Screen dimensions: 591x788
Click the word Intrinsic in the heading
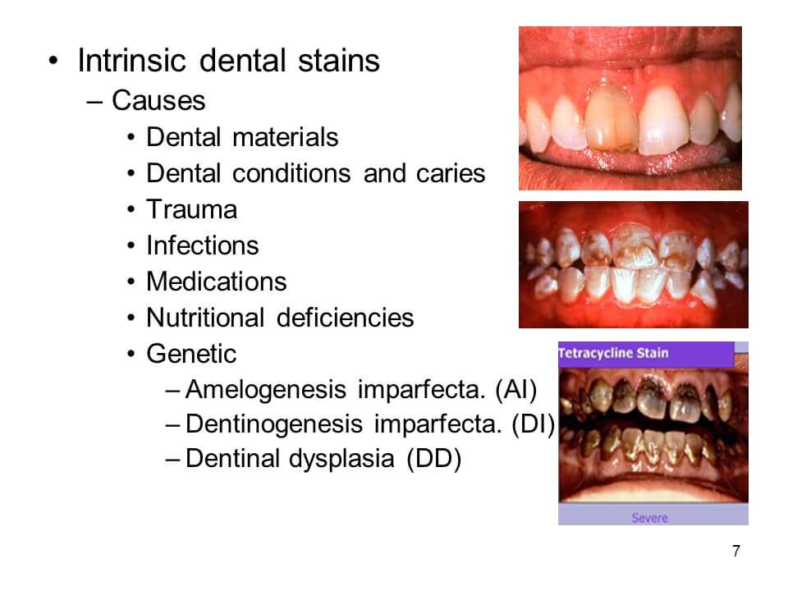131,62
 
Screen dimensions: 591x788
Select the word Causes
158,101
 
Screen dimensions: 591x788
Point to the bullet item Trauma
191,209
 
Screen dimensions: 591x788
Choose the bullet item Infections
202,245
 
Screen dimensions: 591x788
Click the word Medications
216,282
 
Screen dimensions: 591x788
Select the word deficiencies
345,318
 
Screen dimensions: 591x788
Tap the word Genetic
190,354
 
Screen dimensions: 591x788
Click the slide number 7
735,551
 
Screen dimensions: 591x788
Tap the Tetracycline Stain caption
614,354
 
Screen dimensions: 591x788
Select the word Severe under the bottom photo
649,518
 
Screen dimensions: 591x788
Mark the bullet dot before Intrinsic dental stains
53,62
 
